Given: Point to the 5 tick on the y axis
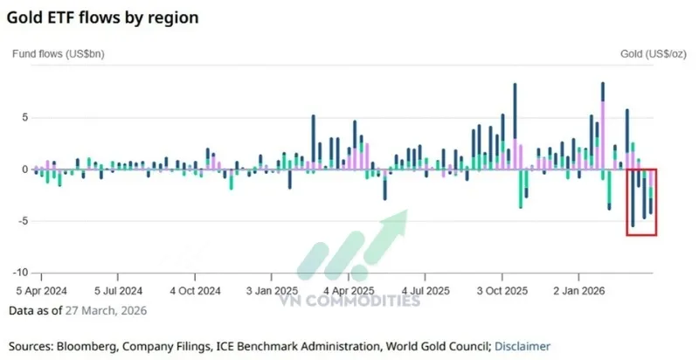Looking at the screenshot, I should (25, 117).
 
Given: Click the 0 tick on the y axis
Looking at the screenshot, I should (25, 169).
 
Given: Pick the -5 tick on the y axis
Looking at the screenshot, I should (24, 221).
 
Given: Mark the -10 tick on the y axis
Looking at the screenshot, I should (21, 273).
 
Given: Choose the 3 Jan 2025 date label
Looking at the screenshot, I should (272, 290).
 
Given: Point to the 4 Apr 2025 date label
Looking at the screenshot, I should (349, 290).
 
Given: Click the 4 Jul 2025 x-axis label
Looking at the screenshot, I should (426, 290).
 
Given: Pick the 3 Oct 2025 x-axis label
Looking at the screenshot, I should (502, 290).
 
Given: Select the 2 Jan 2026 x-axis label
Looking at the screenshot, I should (578, 290).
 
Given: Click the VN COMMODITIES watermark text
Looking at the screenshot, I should (349, 301).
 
